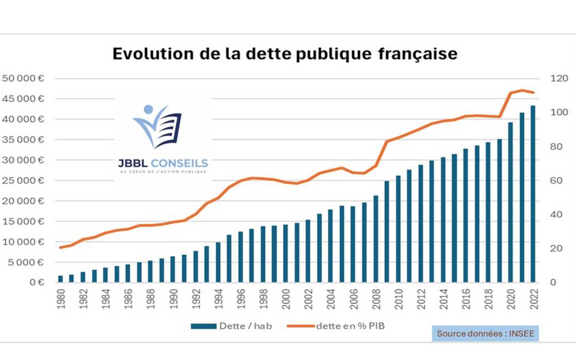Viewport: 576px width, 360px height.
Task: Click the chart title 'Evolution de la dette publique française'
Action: [284, 54]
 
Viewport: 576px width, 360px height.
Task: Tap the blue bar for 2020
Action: [510, 203]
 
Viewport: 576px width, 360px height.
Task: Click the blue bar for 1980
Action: [60, 279]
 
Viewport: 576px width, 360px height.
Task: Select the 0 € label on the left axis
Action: [37, 283]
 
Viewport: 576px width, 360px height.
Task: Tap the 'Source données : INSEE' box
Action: [485, 333]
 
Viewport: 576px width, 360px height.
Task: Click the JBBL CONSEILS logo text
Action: [163, 163]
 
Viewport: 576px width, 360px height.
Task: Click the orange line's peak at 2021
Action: [522, 90]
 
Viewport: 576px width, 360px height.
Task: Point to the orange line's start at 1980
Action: [60, 247]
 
